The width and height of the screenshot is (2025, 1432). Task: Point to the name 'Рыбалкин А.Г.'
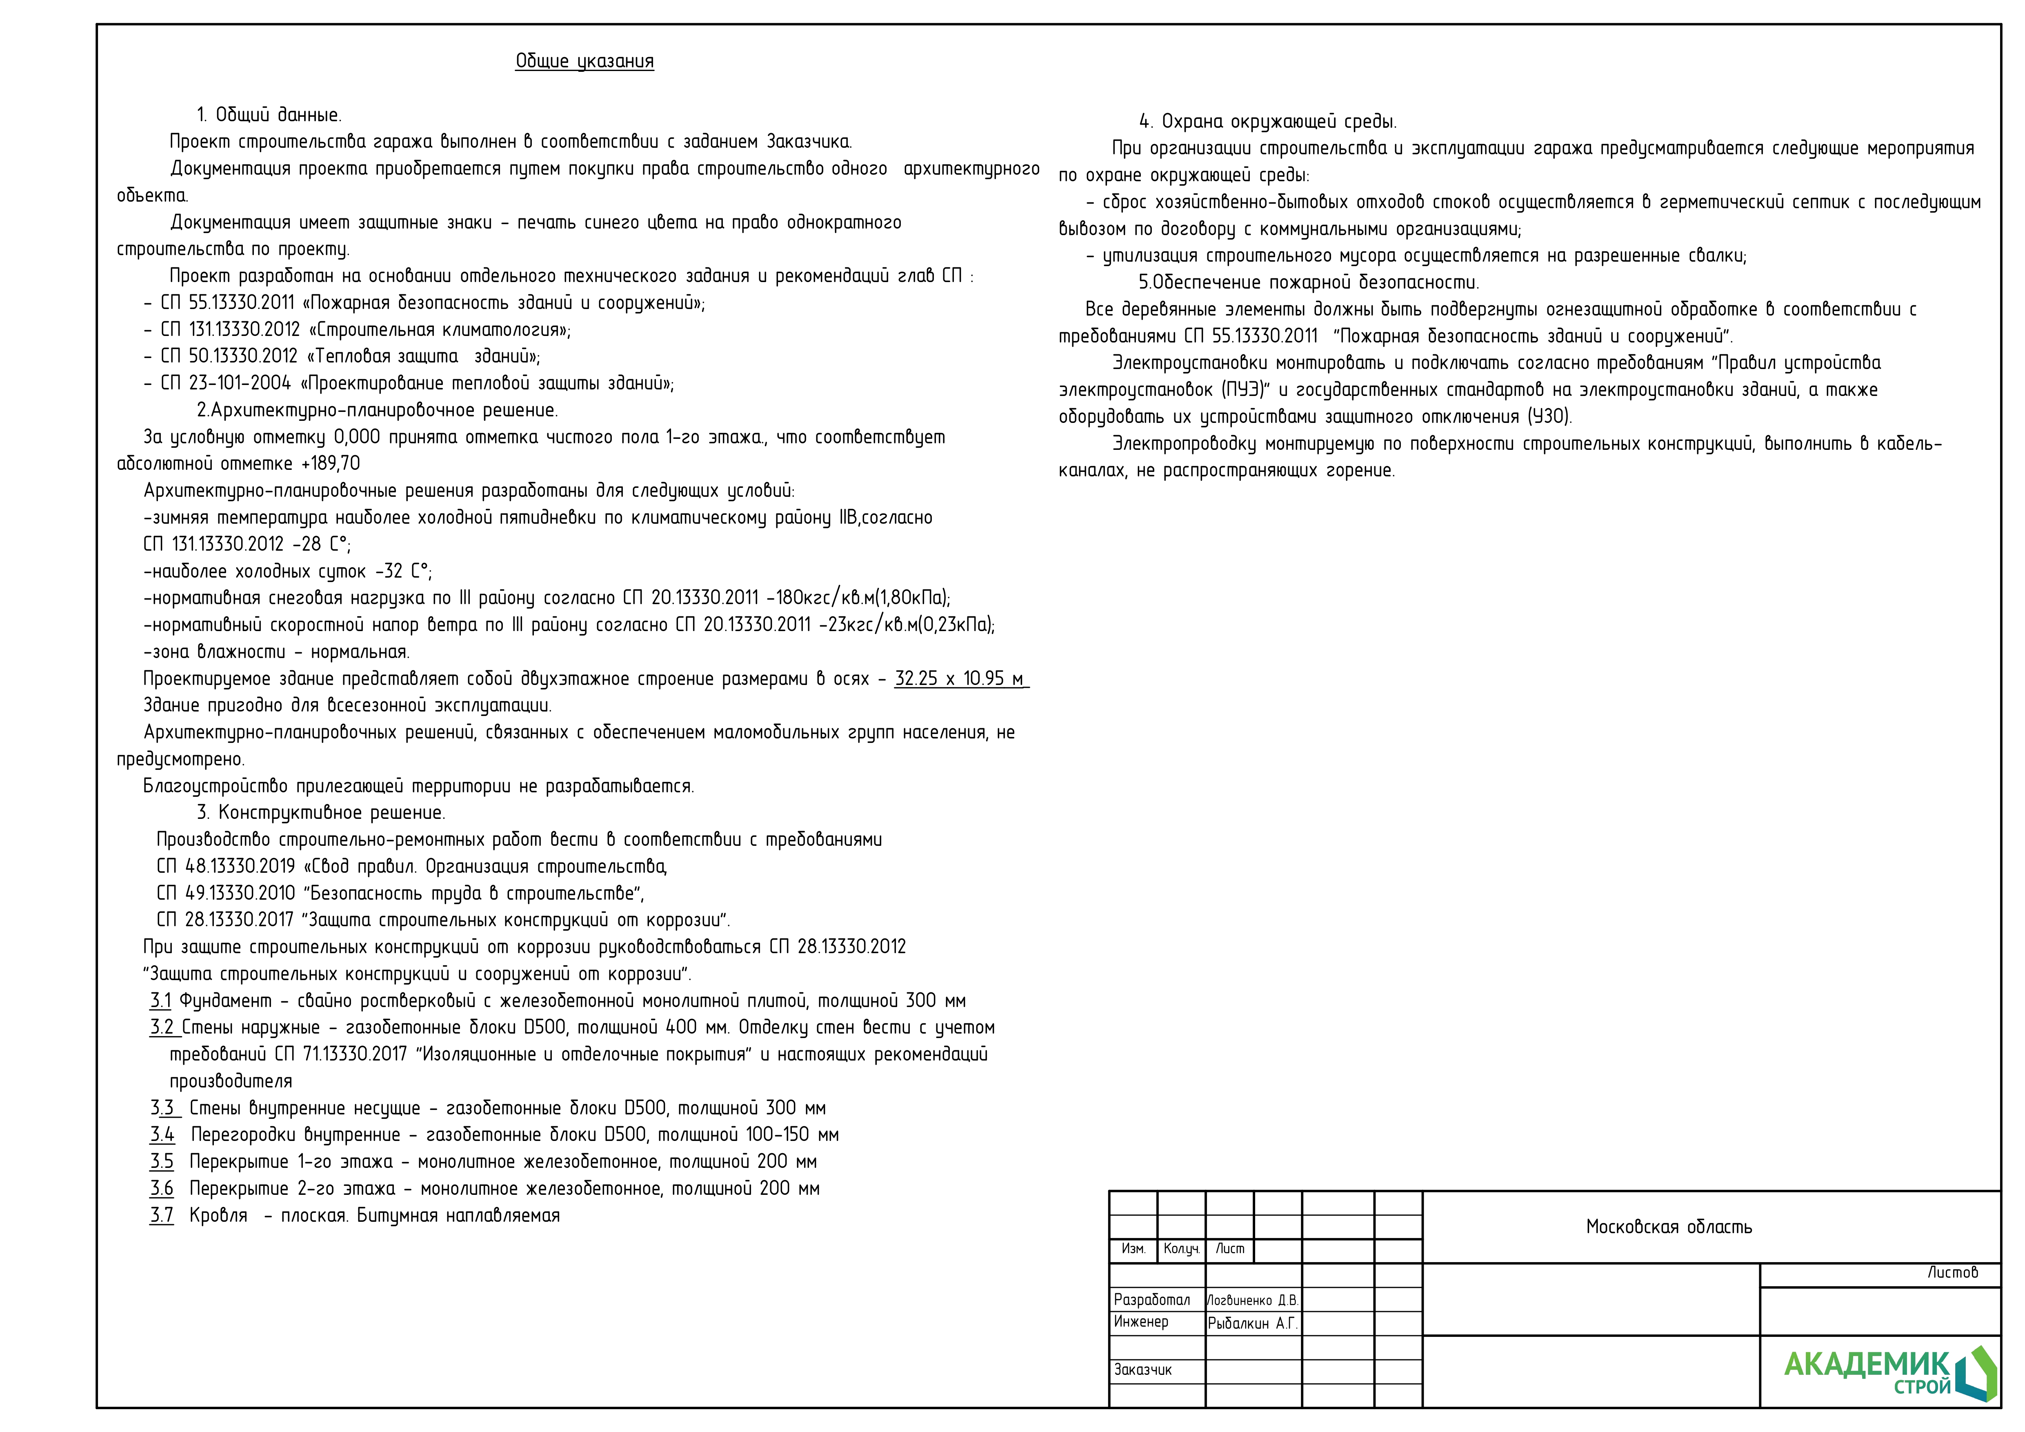pos(1251,1323)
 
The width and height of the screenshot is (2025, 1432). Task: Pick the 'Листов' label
pos(1952,1272)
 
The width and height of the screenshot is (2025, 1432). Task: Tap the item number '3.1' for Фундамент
pos(160,1001)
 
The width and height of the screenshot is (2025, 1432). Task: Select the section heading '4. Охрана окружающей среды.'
pos(1267,122)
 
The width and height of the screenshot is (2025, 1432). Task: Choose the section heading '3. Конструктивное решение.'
pos(321,813)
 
